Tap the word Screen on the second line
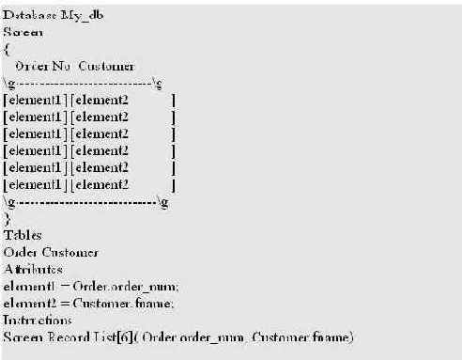pyautogui.click(x=23, y=32)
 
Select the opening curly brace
pyautogui.click(x=7, y=49)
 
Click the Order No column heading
pyautogui.click(x=44, y=66)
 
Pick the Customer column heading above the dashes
pyautogui.click(x=106, y=66)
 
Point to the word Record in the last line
pyautogui.click(x=78, y=337)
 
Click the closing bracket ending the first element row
pyautogui.click(x=175, y=100)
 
